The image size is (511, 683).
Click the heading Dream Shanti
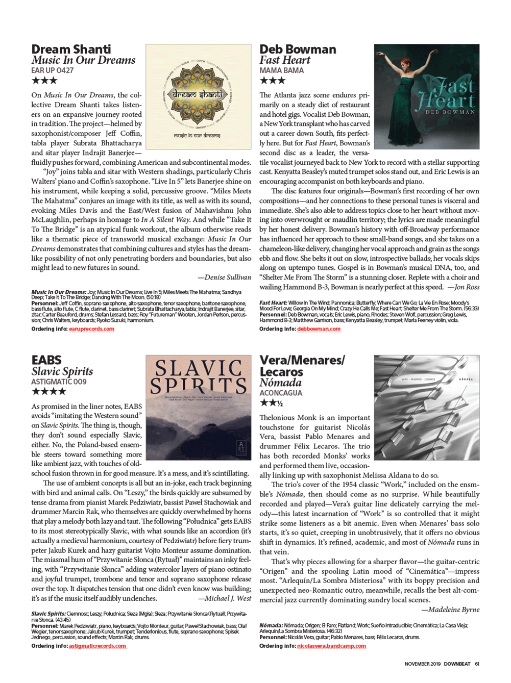point(71,49)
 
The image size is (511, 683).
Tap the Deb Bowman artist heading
point(298,49)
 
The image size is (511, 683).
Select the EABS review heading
point(46,360)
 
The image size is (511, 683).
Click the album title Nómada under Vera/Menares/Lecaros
point(280,383)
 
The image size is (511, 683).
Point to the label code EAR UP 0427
point(52,70)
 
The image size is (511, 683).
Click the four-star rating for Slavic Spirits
point(49,392)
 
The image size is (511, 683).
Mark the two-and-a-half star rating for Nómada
point(271,403)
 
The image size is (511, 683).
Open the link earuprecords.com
point(91,329)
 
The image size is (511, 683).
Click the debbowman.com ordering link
point(319,329)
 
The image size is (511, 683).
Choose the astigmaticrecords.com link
point(97,646)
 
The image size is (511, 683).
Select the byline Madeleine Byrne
point(450,610)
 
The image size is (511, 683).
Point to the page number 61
point(477,664)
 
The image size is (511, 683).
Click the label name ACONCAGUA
point(281,393)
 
